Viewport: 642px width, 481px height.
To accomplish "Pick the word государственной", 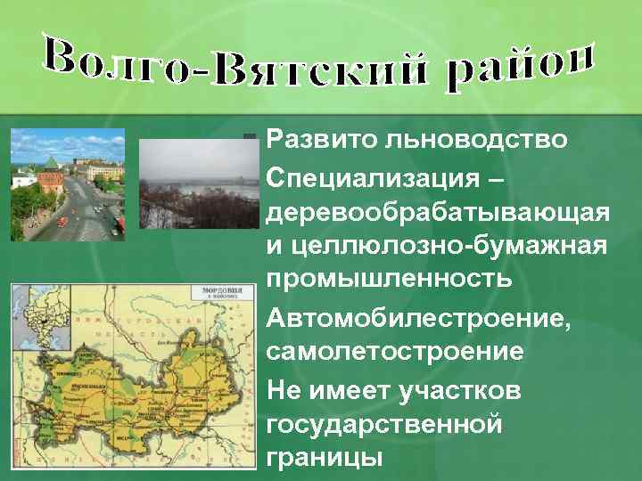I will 384,424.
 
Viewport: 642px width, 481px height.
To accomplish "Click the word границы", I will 325,458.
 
